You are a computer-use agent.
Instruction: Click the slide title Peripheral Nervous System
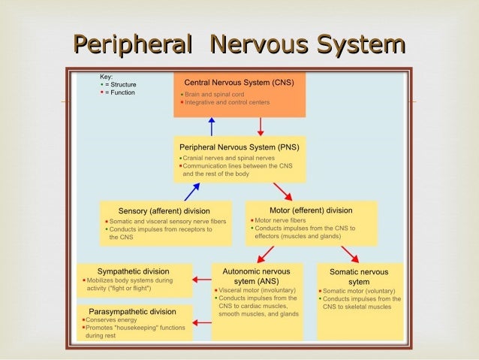(239, 46)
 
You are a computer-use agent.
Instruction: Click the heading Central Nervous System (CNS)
(239, 81)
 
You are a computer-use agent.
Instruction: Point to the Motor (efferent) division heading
(310, 210)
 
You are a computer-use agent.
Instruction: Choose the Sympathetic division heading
(133, 271)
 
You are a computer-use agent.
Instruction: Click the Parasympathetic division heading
(133, 311)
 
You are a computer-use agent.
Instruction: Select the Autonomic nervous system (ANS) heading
(257, 276)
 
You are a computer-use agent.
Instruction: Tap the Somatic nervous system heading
(360, 276)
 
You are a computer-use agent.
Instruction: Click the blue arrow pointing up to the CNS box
(212, 126)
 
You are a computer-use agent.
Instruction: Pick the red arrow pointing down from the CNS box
(260, 126)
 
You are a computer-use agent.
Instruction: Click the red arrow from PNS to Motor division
(282, 191)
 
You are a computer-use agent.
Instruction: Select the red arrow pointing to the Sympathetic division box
(201, 280)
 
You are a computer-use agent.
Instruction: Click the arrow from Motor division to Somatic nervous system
(349, 253)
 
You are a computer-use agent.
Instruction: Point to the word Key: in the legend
(106, 77)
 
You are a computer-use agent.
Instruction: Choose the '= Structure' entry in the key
(120, 85)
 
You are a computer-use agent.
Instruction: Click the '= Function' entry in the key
(120, 93)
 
